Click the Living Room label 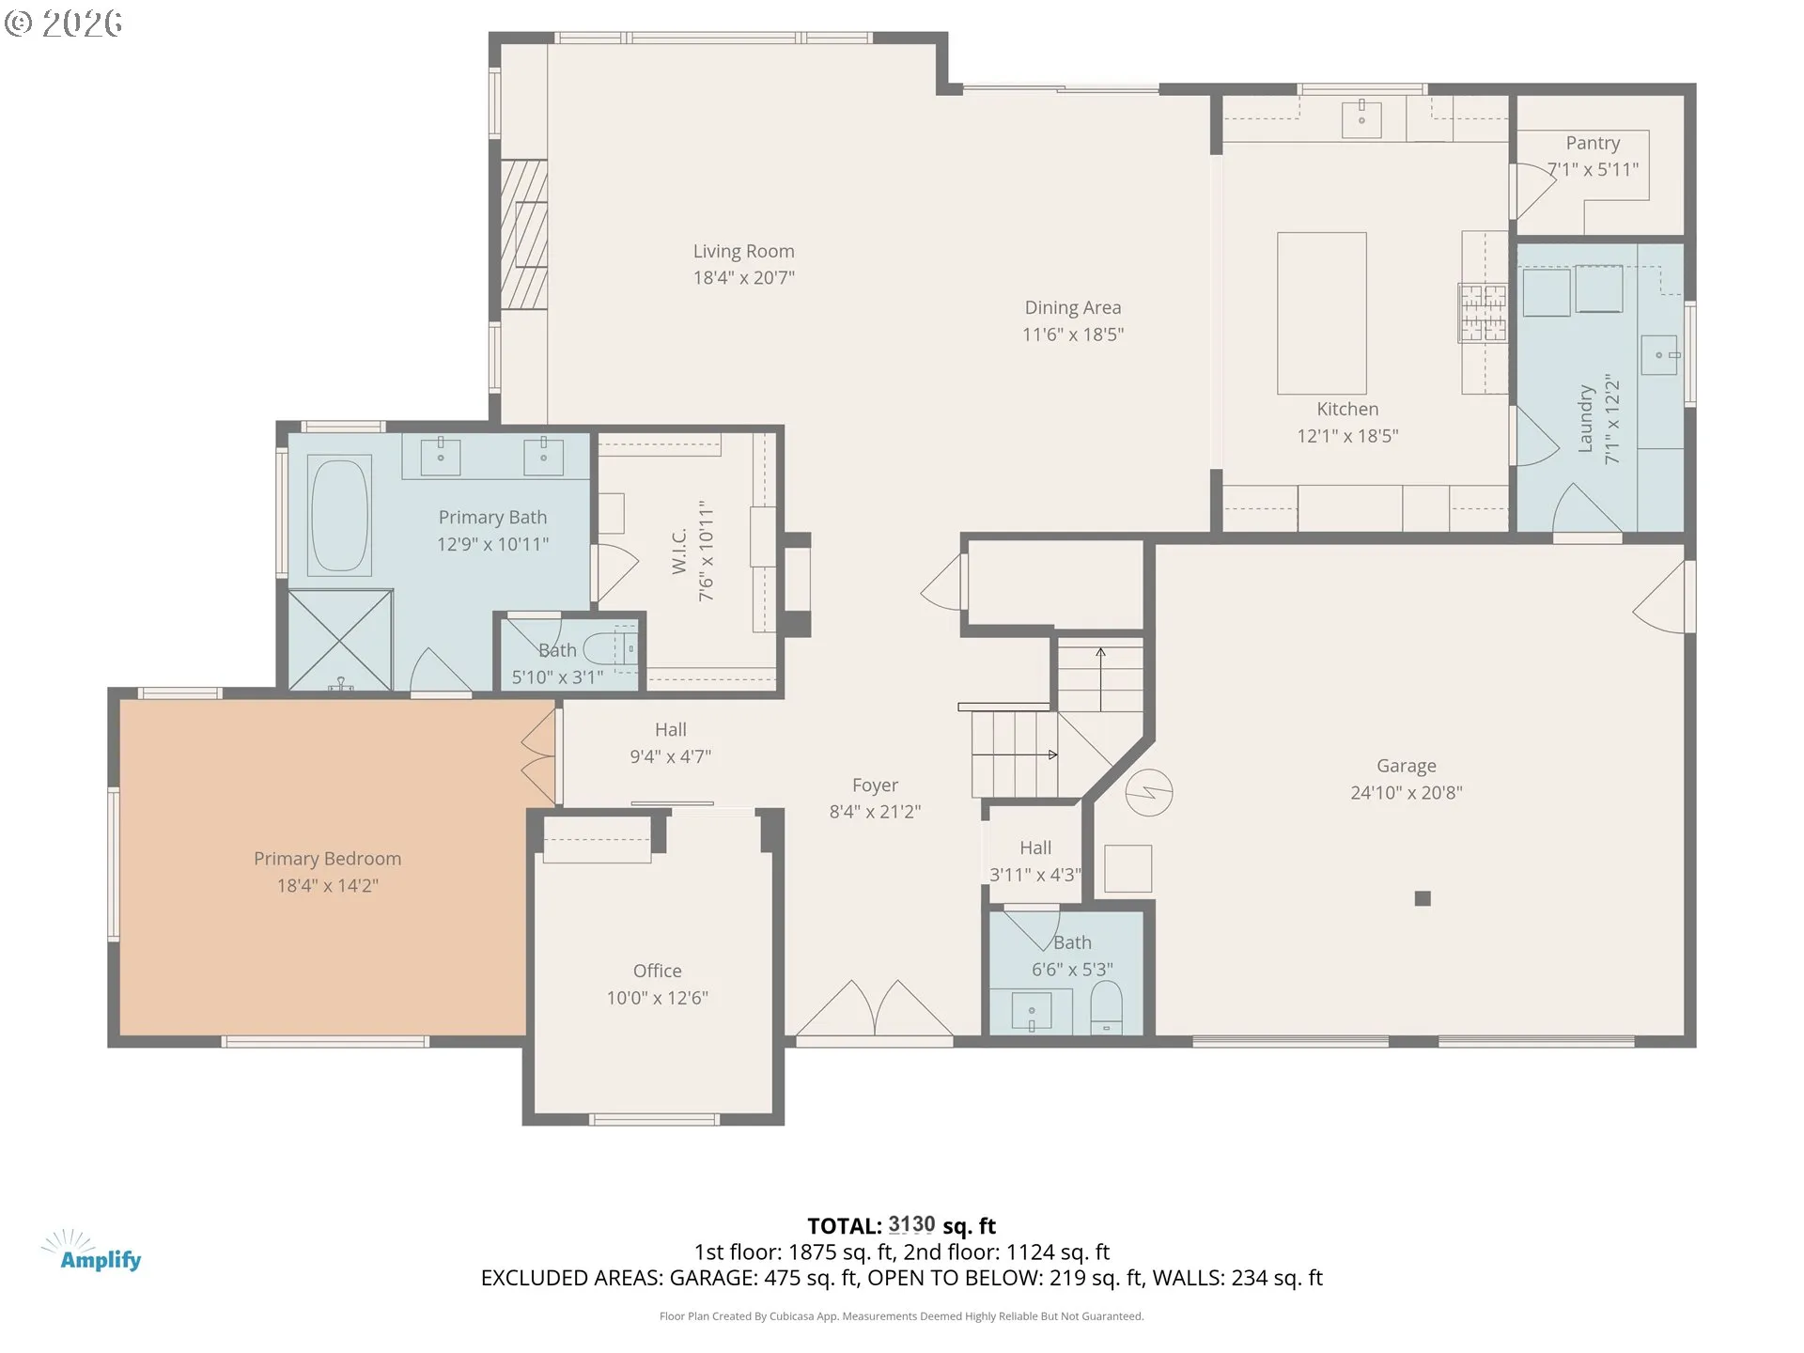coord(743,252)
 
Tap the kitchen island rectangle coord(1321,313)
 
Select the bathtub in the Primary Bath coord(339,515)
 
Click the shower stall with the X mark coord(339,640)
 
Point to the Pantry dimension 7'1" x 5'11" coord(1593,170)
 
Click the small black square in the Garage coord(1423,899)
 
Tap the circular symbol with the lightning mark coord(1148,792)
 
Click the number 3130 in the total coord(911,1225)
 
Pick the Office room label coord(657,972)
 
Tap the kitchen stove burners coord(1482,313)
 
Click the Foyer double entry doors coord(874,1010)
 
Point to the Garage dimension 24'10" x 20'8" coord(1406,793)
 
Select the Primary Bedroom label coord(327,859)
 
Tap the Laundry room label coord(1586,419)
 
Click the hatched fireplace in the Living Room coord(523,234)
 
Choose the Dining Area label coord(1072,308)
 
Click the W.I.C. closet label coord(680,551)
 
